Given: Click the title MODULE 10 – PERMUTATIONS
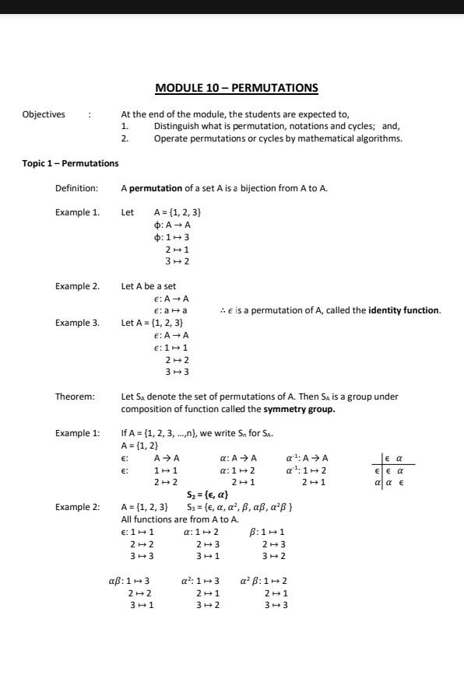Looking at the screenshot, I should (237, 89).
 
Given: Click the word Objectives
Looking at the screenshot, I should (44, 114).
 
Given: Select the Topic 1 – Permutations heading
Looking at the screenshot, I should (70, 163).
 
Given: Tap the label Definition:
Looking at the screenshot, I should (76, 188).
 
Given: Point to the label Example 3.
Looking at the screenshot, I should (77, 322).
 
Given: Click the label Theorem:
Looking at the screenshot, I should (75, 397).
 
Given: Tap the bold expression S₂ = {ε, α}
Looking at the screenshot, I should (207, 495).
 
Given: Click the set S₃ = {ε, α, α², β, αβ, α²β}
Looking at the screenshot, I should (238, 507).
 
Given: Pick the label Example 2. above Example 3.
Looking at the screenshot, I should (77, 286).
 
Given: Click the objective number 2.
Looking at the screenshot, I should (124, 138).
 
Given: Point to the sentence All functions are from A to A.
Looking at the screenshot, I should (180, 519).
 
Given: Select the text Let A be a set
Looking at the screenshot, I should (149, 286).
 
